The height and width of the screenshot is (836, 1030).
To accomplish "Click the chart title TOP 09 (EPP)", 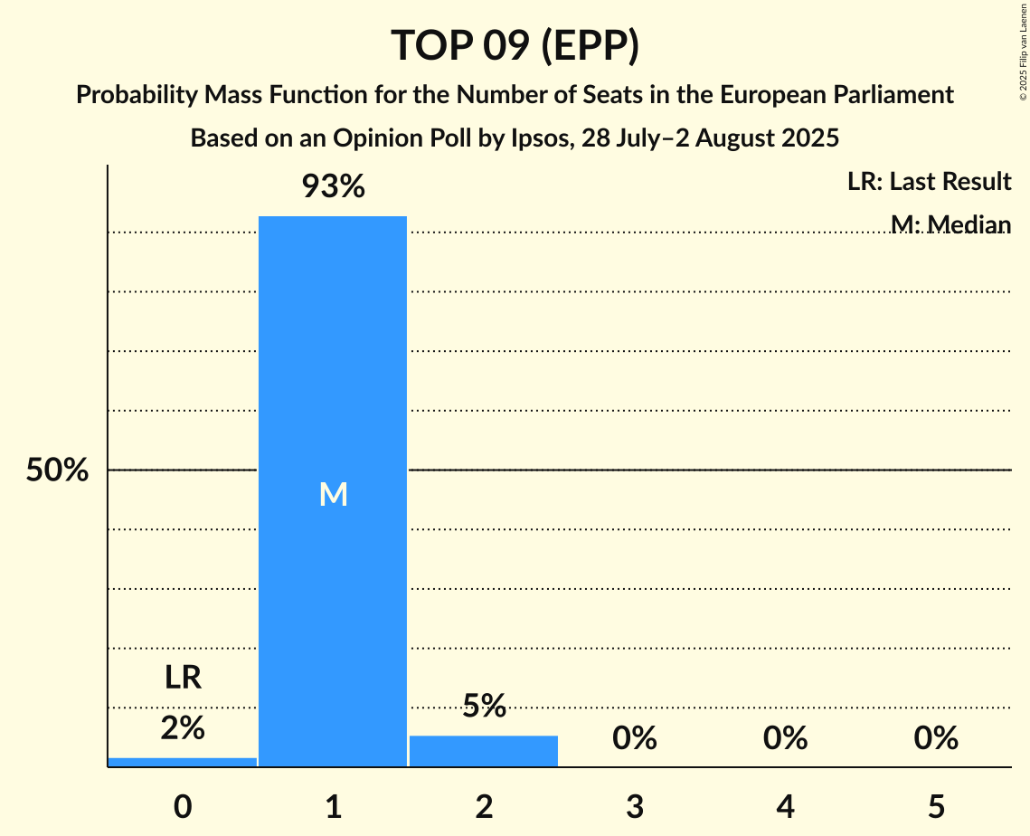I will coord(515,45).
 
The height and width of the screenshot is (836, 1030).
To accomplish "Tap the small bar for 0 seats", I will coord(183,762).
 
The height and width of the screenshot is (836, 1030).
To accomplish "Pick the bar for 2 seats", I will coord(484,751).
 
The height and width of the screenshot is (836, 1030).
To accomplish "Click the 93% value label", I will coord(333,187).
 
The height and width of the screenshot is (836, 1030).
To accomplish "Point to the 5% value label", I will coord(484,706).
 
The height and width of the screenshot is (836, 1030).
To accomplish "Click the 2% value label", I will coord(183,727).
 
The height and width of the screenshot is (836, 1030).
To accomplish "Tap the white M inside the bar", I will coord(333,494).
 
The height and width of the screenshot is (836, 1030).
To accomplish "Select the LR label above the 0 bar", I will coord(183,678).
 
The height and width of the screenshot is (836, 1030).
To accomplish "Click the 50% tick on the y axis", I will coord(57,470).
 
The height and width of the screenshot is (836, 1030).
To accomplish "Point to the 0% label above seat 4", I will coord(785,739).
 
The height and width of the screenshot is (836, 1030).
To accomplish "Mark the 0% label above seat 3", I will coord(635,739).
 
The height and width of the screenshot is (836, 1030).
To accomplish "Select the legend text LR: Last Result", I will coord(929,182).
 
